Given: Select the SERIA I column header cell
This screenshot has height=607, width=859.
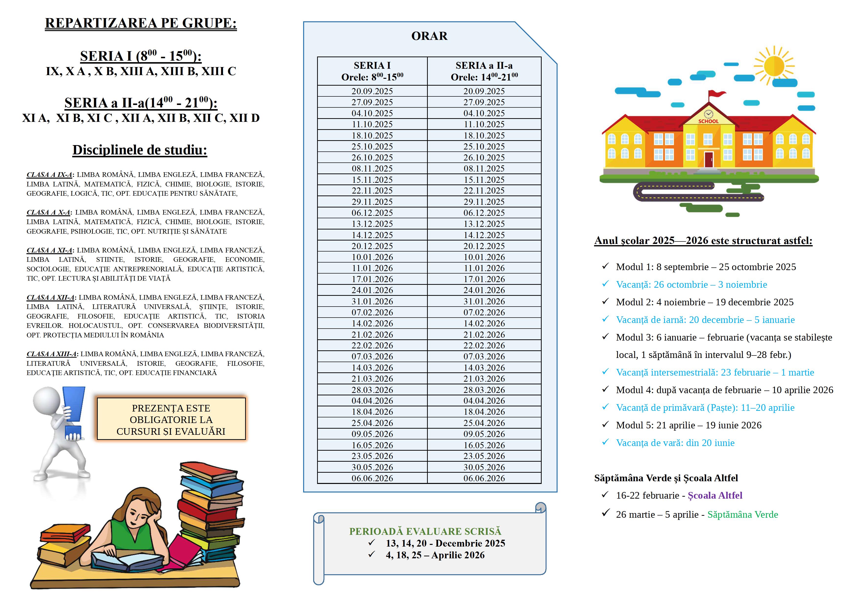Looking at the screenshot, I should click(372, 71).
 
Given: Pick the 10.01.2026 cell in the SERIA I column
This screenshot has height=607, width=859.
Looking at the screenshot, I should click(372, 257).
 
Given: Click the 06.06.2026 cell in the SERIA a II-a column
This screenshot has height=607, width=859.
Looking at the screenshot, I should click(484, 478).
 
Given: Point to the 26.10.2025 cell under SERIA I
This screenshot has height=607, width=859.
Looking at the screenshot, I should click(372, 157).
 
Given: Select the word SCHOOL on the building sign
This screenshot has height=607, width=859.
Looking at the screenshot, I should click(708, 121).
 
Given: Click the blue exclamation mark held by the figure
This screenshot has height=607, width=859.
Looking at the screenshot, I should click(73, 411).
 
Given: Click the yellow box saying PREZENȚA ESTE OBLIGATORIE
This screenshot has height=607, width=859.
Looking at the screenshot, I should click(171, 419).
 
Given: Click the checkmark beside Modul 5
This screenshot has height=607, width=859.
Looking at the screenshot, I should click(605, 424).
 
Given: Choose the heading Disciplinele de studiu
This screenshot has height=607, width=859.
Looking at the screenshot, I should click(140, 150).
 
